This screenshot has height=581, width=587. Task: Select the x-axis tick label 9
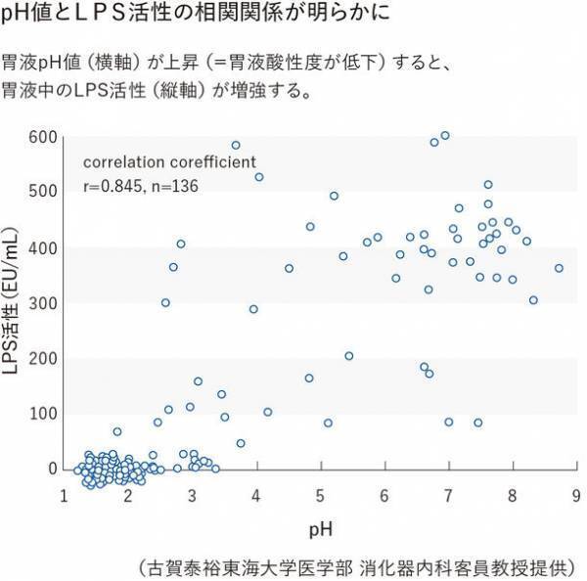576,496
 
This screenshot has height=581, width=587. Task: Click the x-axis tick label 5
320,496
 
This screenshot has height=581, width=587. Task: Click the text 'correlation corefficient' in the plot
169,161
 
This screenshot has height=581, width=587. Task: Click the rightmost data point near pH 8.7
559,268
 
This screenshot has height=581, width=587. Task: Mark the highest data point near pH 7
445,136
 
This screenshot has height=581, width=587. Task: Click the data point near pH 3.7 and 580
236,145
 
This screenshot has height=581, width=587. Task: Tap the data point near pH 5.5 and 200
349,356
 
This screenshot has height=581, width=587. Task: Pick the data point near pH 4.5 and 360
289,268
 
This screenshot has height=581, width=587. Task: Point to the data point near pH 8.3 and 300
533,300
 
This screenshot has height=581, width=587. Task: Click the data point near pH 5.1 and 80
328,424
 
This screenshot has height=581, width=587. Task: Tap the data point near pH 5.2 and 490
334,196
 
